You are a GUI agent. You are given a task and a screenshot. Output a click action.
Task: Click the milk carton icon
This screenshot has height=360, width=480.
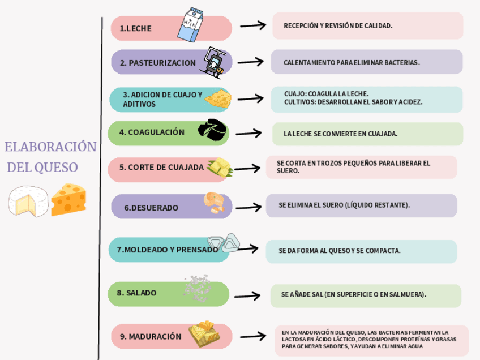(x=191, y=24)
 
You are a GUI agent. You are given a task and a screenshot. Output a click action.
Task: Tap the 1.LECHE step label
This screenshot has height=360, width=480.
(x=136, y=28)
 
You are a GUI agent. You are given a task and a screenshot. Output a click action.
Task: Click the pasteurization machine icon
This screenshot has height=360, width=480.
(x=214, y=61)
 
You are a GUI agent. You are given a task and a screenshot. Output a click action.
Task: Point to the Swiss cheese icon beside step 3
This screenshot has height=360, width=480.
(x=218, y=98)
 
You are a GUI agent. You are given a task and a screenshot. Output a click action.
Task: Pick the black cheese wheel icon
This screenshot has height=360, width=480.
(x=213, y=130)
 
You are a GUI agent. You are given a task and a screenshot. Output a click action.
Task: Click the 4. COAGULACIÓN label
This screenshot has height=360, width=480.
(x=152, y=132)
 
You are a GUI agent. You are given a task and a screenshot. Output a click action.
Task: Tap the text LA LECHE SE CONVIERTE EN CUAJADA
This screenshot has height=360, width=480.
(x=340, y=134)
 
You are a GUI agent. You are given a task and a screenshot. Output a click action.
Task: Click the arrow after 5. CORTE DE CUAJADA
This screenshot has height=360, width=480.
(x=247, y=168)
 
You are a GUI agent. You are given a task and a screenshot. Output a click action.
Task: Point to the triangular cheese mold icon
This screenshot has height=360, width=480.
(x=223, y=242)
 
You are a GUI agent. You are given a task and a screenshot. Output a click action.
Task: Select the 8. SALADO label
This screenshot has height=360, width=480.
(x=136, y=293)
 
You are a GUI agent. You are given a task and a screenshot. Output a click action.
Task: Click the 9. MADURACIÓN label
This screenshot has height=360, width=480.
(x=151, y=336)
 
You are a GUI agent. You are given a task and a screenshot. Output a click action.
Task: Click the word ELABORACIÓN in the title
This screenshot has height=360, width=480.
(x=50, y=147)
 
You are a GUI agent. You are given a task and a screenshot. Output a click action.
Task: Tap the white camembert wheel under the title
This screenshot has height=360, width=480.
(x=27, y=201)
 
